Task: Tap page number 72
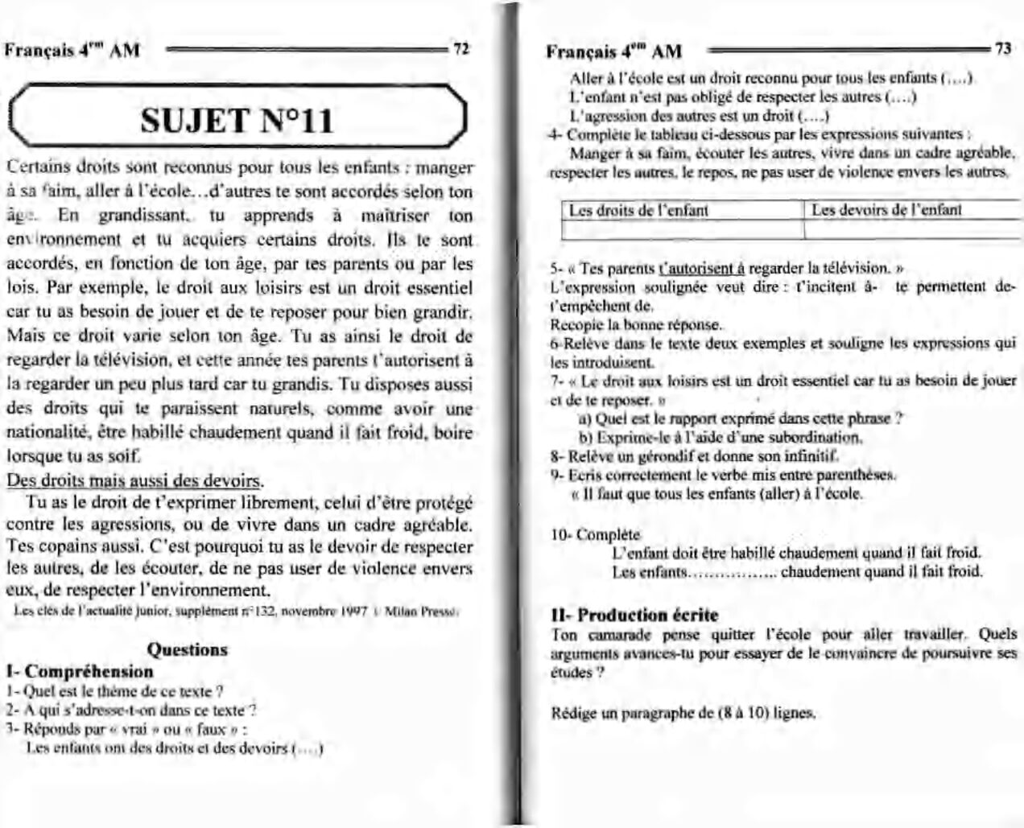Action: point(461,48)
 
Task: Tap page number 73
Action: point(1003,48)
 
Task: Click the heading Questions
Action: point(188,649)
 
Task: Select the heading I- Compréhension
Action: point(79,671)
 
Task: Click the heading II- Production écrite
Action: point(634,616)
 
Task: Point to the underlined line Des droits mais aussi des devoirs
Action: point(134,481)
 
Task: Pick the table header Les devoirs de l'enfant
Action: point(886,210)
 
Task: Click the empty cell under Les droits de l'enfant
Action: point(682,230)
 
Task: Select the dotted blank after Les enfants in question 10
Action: point(733,572)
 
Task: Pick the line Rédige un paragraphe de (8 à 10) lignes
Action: point(684,713)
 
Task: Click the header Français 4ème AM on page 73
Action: point(613,51)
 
